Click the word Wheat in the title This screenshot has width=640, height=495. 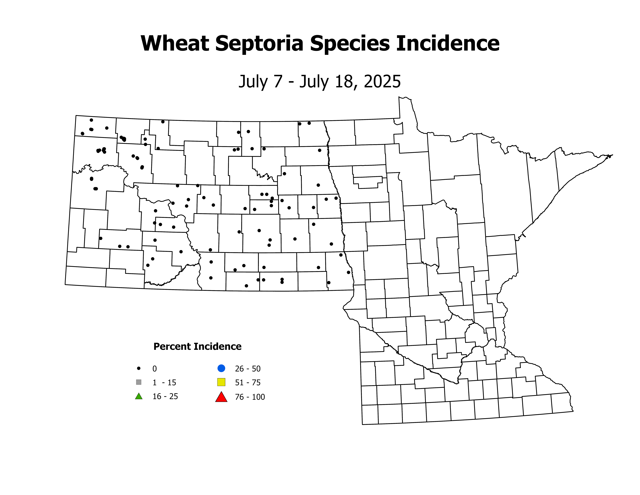click(x=175, y=43)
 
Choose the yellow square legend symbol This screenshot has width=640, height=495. click(x=221, y=382)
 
